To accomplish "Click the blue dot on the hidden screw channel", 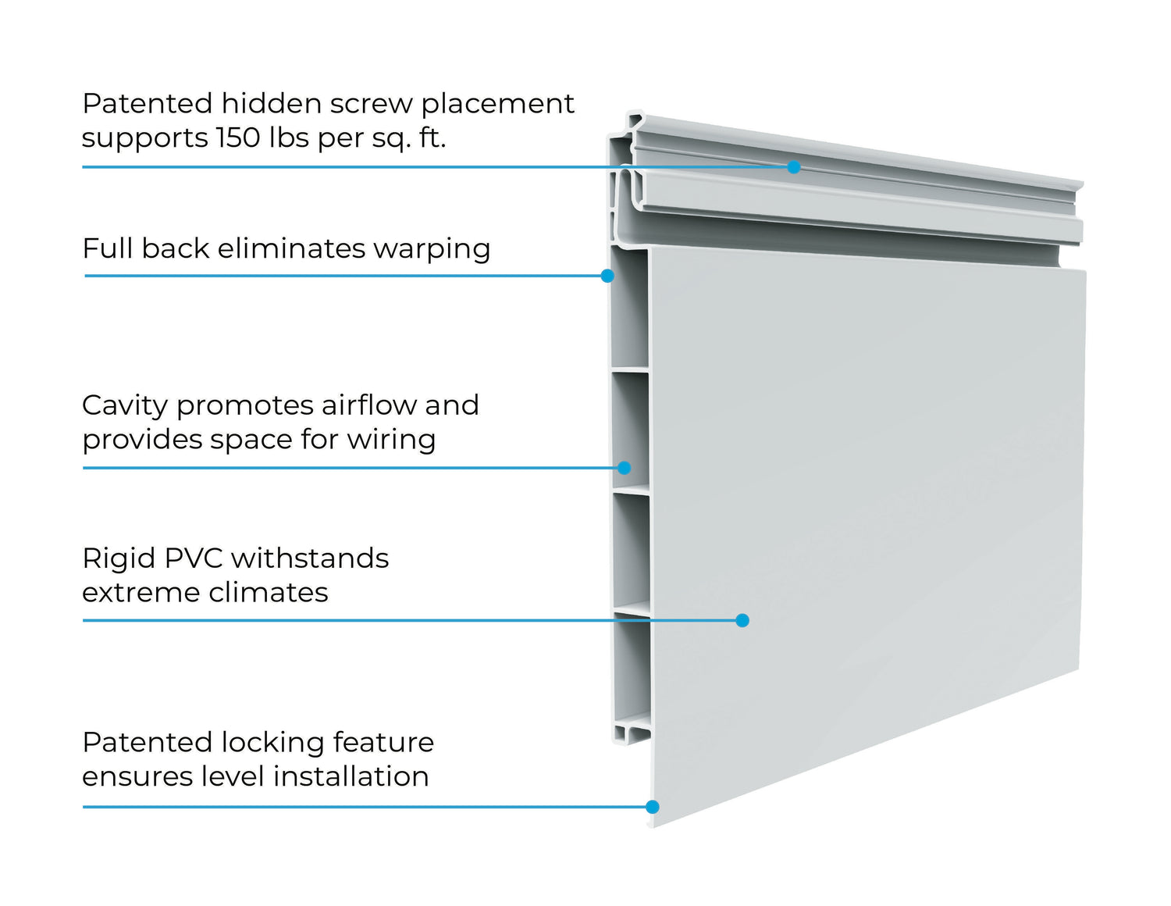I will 794,166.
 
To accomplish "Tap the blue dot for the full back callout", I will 607,276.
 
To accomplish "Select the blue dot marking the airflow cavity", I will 624,468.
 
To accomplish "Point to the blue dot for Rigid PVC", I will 742,620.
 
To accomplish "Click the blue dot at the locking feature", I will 653,807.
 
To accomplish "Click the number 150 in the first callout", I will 238,137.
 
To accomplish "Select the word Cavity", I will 125,405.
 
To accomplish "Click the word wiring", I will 391,440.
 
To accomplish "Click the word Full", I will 108,248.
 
